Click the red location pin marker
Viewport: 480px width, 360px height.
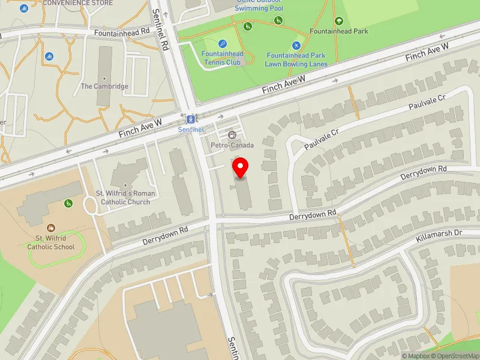pyautogui.click(x=241, y=167)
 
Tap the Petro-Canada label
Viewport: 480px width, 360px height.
pyautogui.click(x=232, y=145)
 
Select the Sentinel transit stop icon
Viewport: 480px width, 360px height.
pyautogui.click(x=190, y=119)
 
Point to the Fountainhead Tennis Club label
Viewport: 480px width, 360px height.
pyautogui.click(x=222, y=58)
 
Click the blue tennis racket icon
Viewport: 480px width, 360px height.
pyautogui.click(x=222, y=43)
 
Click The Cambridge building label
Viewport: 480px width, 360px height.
pyautogui.click(x=104, y=86)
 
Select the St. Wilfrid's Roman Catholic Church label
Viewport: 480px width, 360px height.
pyautogui.click(x=126, y=197)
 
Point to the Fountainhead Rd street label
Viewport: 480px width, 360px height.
pyautogui.click(x=125, y=32)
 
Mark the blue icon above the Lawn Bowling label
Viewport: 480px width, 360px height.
pyautogui.click(x=295, y=46)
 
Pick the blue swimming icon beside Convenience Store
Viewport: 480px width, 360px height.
pyautogui.click(x=23, y=8)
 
